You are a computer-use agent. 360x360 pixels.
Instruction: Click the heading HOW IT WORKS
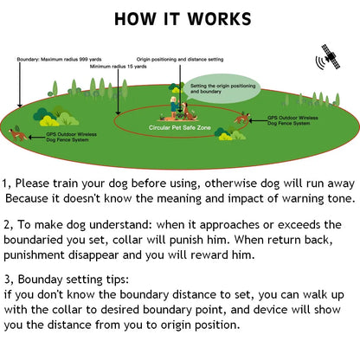point(183,19)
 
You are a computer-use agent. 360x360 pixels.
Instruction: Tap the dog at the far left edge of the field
point(14,133)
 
